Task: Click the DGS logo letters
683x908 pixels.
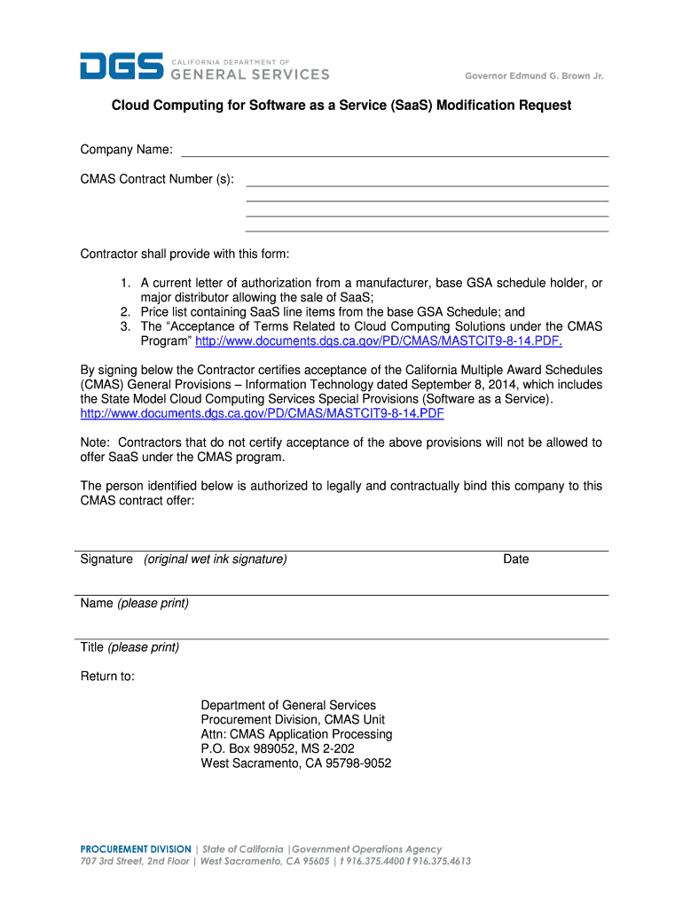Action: (x=122, y=67)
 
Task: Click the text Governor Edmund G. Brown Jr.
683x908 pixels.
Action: (x=534, y=76)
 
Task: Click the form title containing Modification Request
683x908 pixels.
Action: (x=341, y=106)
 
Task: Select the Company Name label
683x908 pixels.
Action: (x=126, y=150)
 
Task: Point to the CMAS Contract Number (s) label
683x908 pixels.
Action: (x=157, y=179)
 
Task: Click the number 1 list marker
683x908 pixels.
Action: (x=127, y=283)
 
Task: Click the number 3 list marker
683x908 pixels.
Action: (x=127, y=326)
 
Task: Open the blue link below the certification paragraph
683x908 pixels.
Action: (x=262, y=414)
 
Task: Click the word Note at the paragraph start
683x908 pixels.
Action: (x=95, y=442)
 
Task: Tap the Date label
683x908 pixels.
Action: (x=515, y=560)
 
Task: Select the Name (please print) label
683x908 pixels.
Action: (x=134, y=604)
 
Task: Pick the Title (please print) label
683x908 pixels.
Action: (x=130, y=647)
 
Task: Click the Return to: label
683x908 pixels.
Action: (x=107, y=677)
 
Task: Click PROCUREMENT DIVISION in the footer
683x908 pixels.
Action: (x=135, y=849)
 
